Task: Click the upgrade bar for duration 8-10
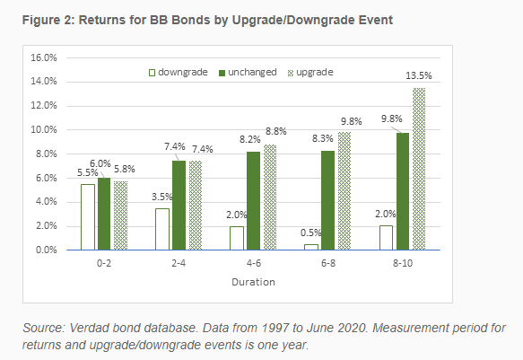[419, 169]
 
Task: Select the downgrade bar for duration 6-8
[311, 247]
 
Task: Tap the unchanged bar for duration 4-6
[254, 201]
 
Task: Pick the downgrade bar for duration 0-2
[88, 217]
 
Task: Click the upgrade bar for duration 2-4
[196, 206]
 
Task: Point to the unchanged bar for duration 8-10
[403, 191]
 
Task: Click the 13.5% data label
[419, 75]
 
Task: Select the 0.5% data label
[311, 233]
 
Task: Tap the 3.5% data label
[162, 197]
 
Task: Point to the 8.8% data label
[275, 131]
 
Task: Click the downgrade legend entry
[179, 72]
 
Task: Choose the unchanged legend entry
[248, 72]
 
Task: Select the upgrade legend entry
[310, 73]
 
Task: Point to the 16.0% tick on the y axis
[44, 57]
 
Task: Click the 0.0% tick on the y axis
[47, 250]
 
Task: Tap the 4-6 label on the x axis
[254, 263]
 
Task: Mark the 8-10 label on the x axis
[403, 263]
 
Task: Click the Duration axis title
[254, 282]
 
